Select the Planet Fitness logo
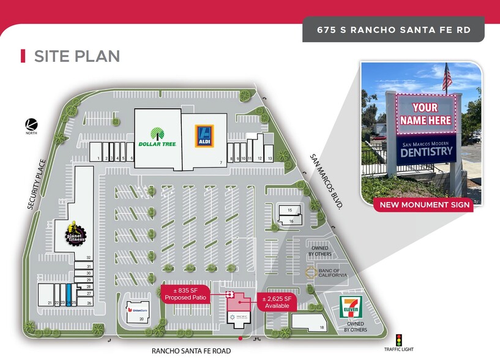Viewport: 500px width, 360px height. click(76, 233)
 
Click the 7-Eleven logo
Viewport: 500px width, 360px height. click(351, 306)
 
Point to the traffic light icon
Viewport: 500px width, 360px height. click(399, 339)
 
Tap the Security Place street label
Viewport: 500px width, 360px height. click(37, 185)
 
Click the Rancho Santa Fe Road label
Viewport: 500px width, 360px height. click(192, 351)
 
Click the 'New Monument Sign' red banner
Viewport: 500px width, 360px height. click(424, 204)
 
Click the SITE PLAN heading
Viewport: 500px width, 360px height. click(76, 56)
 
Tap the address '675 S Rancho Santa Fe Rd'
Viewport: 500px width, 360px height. click(393, 29)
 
